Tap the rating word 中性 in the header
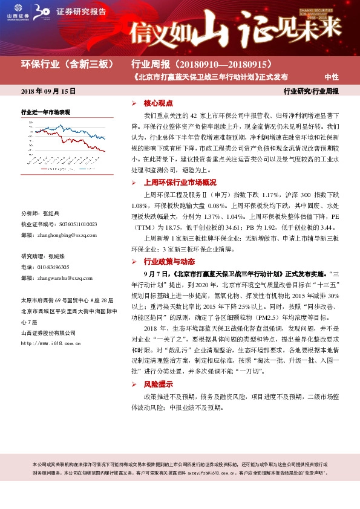click(x=332, y=77)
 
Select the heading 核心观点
click(x=158, y=103)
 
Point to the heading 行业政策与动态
click(x=169, y=262)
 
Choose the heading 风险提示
click(x=158, y=384)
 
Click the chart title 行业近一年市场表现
click(x=46, y=112)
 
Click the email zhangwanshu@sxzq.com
click(x=70, y=277)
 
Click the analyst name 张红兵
click(x=51, y=213)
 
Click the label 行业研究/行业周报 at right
click(x=311, y=91)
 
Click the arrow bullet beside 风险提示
click(x=134, y=384)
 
